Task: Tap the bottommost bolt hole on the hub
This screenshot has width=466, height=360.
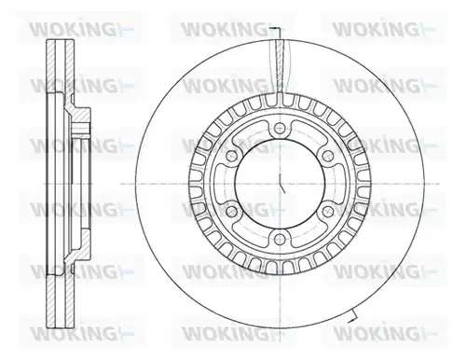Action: (280, 239)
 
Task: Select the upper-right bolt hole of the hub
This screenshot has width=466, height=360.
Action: (327, 156)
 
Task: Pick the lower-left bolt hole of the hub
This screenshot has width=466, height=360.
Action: (231, 212)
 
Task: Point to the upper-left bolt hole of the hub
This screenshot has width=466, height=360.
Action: (232, 156)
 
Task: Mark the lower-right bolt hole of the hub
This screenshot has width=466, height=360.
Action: (327, 212)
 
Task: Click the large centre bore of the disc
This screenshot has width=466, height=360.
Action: (280, 184)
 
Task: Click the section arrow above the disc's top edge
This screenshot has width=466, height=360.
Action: (277, 29)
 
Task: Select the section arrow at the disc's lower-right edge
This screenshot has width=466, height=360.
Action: (353, 317)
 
